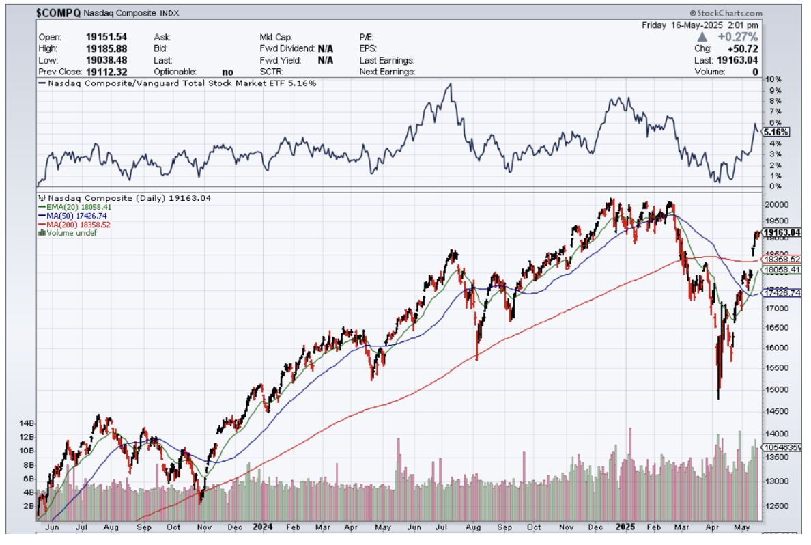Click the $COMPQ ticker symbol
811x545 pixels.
point(58,12)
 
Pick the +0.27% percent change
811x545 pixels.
point(741,37)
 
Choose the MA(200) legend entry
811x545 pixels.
point(74,224)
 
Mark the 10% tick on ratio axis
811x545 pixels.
point(774,80)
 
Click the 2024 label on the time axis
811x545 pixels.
point(261,527)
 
